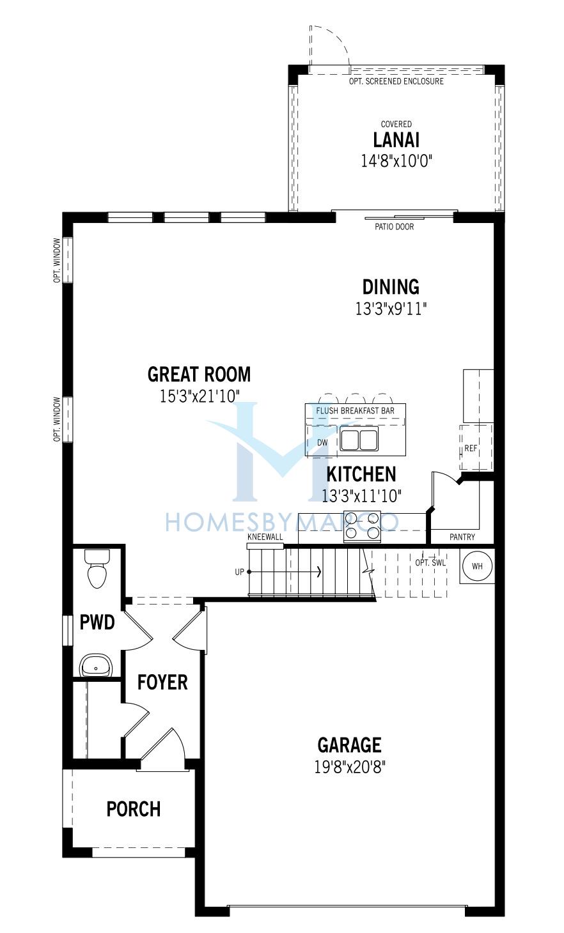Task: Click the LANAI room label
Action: click(396, 140)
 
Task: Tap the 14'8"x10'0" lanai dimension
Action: click(396, 160)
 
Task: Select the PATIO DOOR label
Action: click(395, 227)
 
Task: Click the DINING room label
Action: click(391, 287)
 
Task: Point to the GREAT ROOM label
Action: click(200, 374)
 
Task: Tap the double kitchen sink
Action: click(359, 438)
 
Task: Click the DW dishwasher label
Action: click(322, 442)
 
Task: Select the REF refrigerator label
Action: click(471, 448)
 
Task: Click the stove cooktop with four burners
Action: click(362, 527)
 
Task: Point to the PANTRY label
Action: click(462, 537)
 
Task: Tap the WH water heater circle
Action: click(477, 566)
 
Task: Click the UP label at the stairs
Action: click(239, 572)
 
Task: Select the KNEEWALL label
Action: click(265, 537)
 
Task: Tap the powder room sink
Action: click(96, 665)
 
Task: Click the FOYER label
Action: click(162, 682)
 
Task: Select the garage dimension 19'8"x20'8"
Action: click(349, 767)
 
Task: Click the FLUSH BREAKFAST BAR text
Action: click(355, 411)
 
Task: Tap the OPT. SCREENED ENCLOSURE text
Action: click(396, 81)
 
